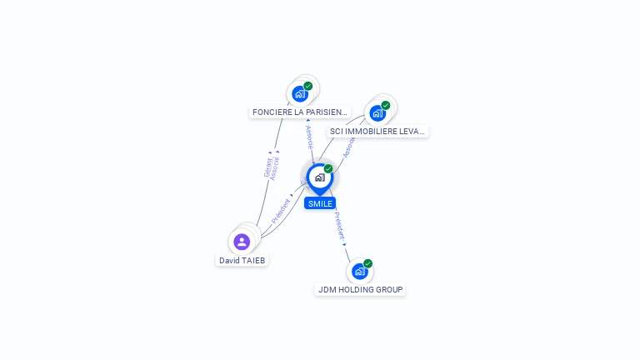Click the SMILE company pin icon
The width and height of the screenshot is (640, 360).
[x=319, y=177]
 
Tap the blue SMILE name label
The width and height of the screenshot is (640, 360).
[x=320, y=203]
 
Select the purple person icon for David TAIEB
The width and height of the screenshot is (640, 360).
[x=242, y=242]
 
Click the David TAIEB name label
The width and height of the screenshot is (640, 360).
[x=242, y=260]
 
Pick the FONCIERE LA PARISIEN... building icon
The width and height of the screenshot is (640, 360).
[x=300, y=93]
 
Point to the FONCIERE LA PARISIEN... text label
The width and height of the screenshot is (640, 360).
[x=300, y=112]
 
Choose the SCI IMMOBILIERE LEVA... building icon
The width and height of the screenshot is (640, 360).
[x=377, y=112]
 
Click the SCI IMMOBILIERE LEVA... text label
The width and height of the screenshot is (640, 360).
[x=377, y=131]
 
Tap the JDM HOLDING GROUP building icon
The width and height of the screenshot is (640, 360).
[x=360, y=271]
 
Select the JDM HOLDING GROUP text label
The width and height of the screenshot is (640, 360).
[x=360, y=289]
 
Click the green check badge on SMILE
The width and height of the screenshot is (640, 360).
[x=328, y=169]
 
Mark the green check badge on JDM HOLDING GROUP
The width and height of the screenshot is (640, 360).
[x=367, y=263]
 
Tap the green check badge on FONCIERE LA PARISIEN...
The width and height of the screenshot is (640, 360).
[x=308, y=86]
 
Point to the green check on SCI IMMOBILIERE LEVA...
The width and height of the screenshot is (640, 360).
[x=386, y=105]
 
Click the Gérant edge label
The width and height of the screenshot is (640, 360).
[x=267, y=167]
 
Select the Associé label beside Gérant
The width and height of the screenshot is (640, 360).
[x=276, y=168]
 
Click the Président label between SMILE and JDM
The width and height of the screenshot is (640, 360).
[x=339, y=226]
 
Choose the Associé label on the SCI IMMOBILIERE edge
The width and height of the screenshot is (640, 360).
[x=348, y=147]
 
